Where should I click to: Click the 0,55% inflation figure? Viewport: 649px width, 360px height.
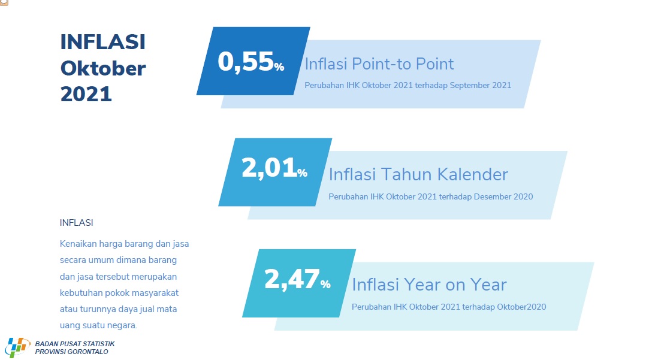click(251, 62)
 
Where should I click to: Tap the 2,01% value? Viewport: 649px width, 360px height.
click(274, 168)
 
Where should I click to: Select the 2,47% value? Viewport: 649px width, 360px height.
click(297, 279)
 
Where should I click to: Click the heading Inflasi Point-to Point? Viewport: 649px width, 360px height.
click(379, 64)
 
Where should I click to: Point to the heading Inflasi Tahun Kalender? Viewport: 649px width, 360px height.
click(418, 174)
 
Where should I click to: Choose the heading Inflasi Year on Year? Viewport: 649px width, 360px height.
click(429, 285)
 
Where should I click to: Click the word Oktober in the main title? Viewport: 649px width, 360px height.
click(103, 68)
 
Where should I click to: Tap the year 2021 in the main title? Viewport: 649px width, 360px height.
click(86, 94)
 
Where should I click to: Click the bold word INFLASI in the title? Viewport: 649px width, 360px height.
click(102, 42)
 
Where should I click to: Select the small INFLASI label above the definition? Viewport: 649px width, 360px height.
click(77, 223)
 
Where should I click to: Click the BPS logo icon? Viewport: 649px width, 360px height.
click(17, 347)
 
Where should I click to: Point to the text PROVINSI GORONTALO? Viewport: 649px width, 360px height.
click(71, 352)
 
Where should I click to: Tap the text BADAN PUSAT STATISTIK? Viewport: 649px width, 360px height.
click(75, 344)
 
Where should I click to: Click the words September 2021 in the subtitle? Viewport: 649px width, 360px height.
click(481, 86)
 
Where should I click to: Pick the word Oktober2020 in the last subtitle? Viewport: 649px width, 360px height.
click(521, 307)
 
